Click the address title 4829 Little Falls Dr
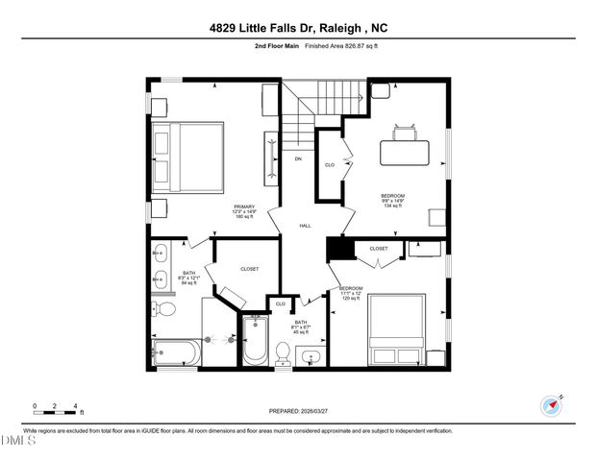pyautogui.click(x=298, y=28)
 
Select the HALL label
pyautogui.click(x=305, y=226)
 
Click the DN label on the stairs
pyautogui.click(x=298, y=158)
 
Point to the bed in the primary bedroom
pyautogui.click(x=188, y=158)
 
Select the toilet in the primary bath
pyautogui.click(x=163, y=309)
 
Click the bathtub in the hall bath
pyautogui.click(x=254, y=342)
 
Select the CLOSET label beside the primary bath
pyautogui.click(x=250, y=270)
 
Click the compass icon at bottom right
pyautogui.click(x=551, y=403)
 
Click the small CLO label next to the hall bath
pyautogui.click(x=281, y=303)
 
